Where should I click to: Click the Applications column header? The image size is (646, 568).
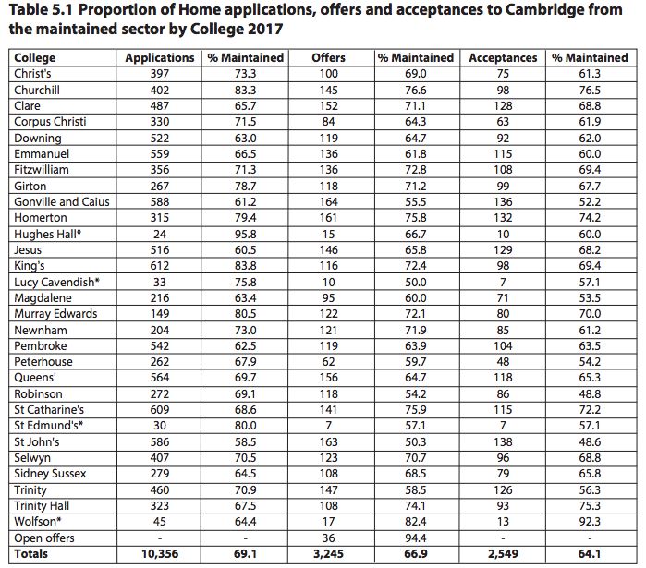coord(160,58)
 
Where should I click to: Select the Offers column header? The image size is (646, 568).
coord(328,58)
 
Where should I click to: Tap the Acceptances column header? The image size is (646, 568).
coord(503,58)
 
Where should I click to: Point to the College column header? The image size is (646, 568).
coord(34,58)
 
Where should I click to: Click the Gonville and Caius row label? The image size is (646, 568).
coord(62,202)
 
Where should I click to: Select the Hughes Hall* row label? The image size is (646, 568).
coord(48,235)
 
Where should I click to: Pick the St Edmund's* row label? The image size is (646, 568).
coord(49,425)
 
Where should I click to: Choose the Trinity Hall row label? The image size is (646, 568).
coord(42,506)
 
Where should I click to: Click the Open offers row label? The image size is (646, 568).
coord(44,538)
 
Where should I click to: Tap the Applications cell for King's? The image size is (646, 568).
coord(160,266)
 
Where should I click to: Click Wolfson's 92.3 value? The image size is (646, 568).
coord(590,522)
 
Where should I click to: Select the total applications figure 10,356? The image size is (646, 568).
coord(160,554)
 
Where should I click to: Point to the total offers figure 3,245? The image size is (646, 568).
coord(328,554)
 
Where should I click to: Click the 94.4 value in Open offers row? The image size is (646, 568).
coord(415,538)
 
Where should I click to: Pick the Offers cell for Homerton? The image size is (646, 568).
coord(328,218)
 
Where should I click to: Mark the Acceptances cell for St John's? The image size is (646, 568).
coord(503,442)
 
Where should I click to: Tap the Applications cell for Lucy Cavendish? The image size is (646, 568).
coord(160,283)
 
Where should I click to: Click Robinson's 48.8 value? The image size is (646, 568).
coord(590,394)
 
